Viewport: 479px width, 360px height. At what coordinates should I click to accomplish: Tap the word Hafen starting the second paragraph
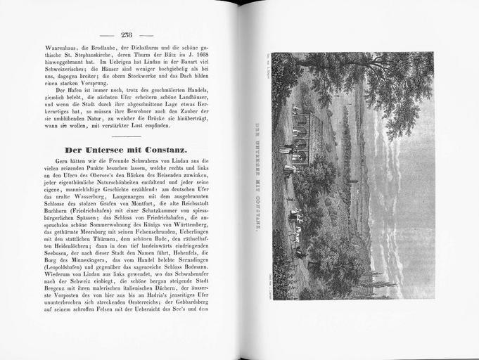click(72, 89)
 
